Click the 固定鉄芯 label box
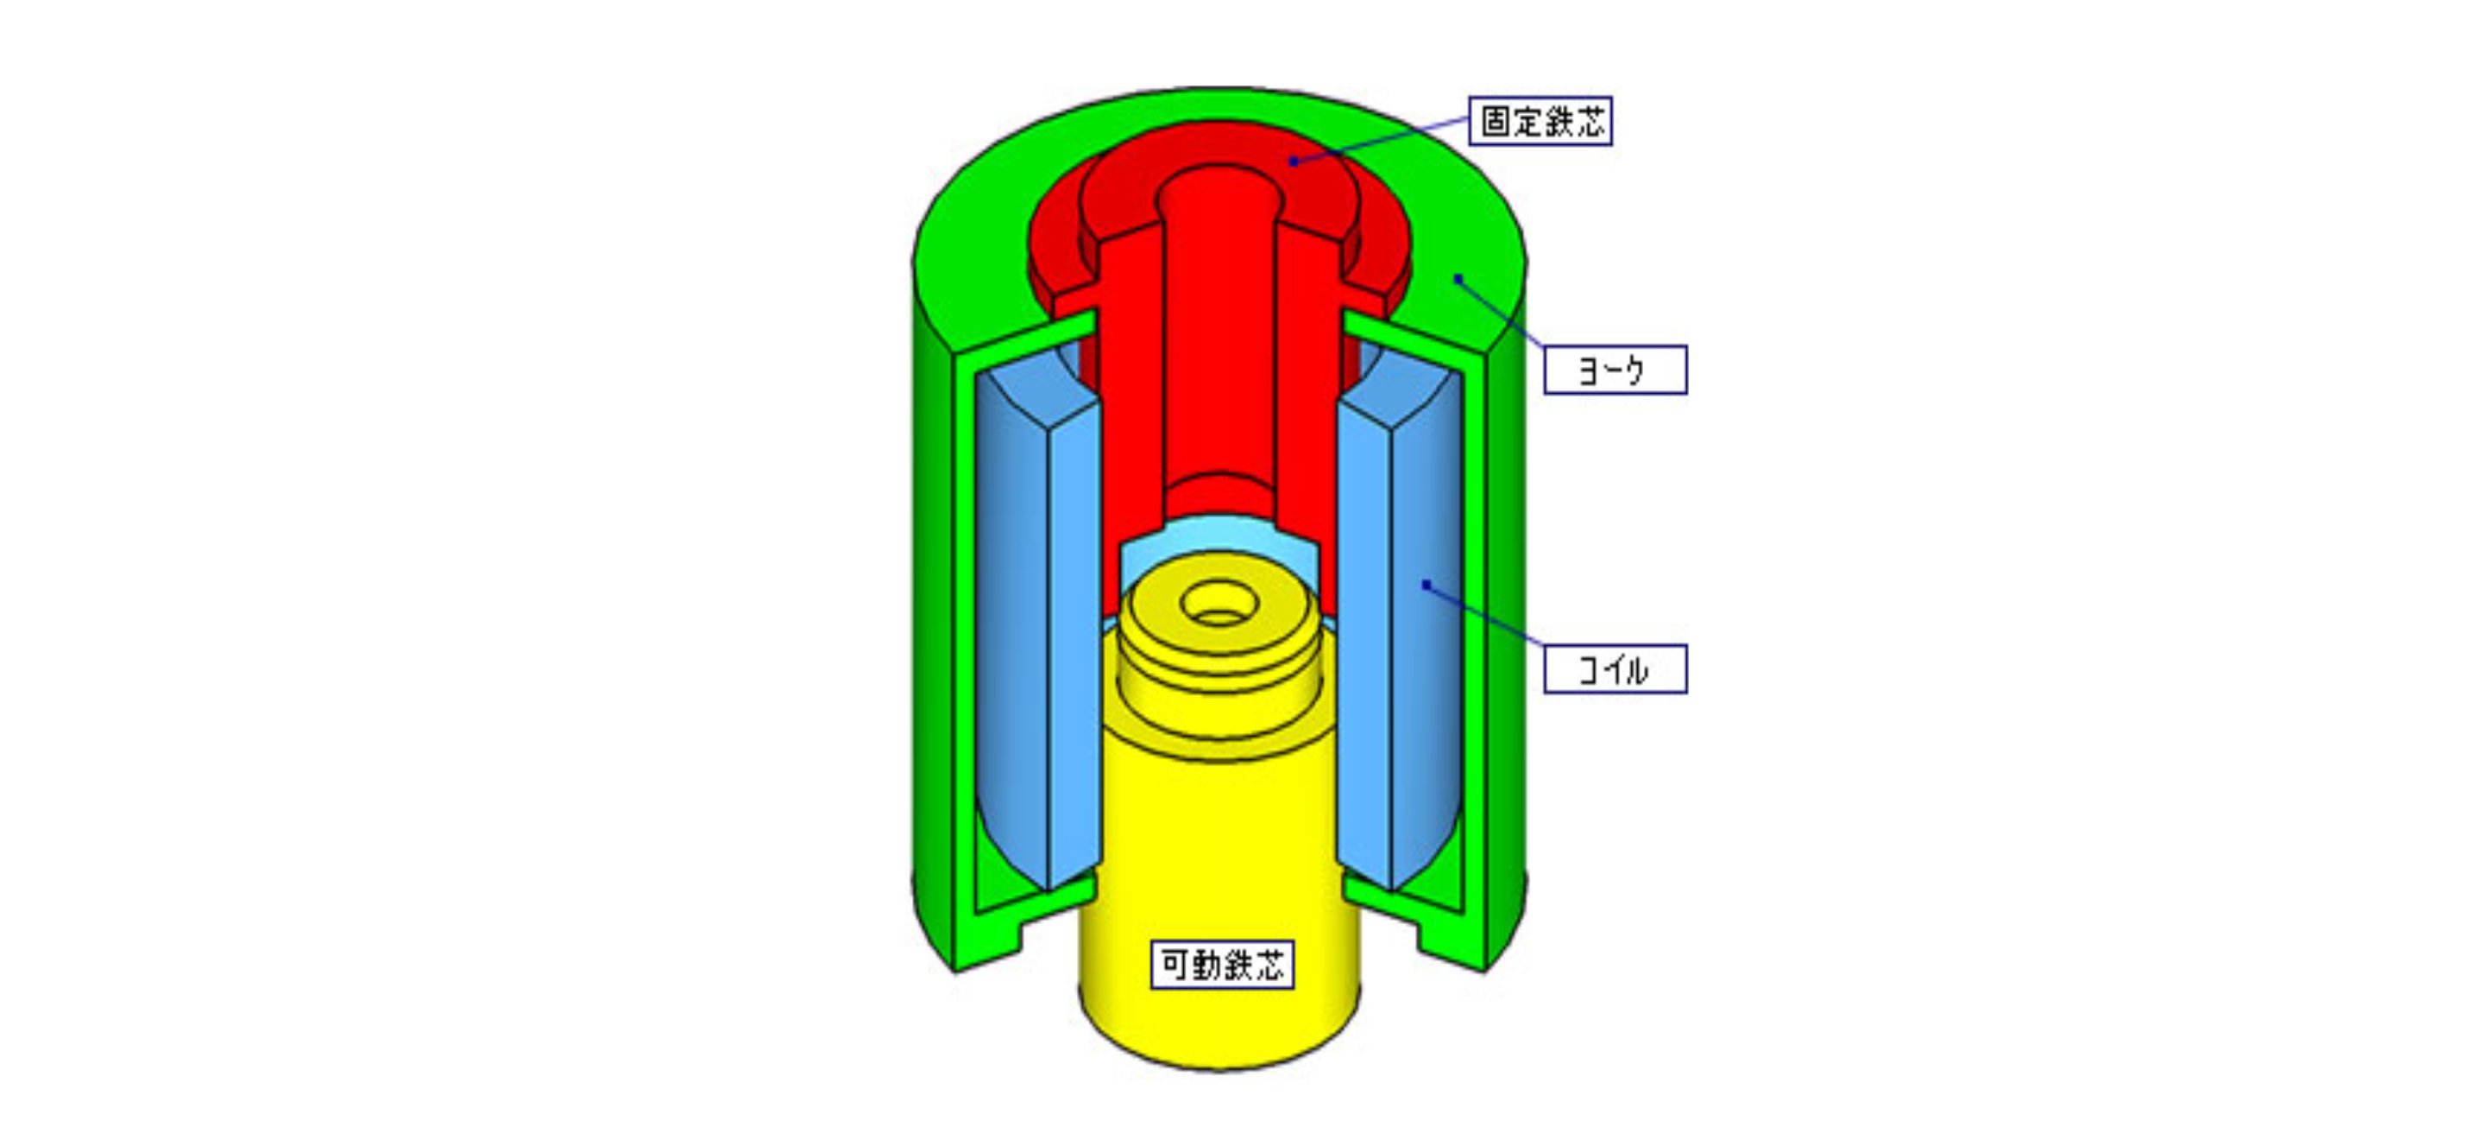[x=1540, y=121]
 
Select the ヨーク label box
[x=1615, y=370]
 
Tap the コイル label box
[x=1615, y=669]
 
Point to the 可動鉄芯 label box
[x=1222, y=965]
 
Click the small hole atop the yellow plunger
[x=1219, y=604]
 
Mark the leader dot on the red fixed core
[x=1294, y=161]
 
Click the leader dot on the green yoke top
[x=1458, y=279]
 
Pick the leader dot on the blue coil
[x=1426, y=585]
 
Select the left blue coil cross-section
[x=1037, y=624]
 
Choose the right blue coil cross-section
[x=1400, y=624]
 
